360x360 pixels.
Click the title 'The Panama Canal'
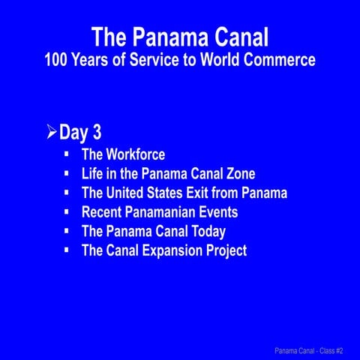tap(180, 37)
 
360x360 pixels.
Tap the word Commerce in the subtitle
tap(282, 59)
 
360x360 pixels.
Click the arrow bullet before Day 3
tap(51, 133)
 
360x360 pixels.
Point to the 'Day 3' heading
tap(80, 133)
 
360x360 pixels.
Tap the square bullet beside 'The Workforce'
tap(67, 154)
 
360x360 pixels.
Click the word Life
tap(94, 174)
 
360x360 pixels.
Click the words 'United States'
tap(148, 193)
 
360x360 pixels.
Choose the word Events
tap(216, 212)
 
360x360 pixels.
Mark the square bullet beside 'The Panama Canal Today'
tap(67, 230)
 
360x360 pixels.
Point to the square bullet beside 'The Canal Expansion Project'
tap(67, 250)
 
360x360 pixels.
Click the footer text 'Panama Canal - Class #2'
tap(308, 350)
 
